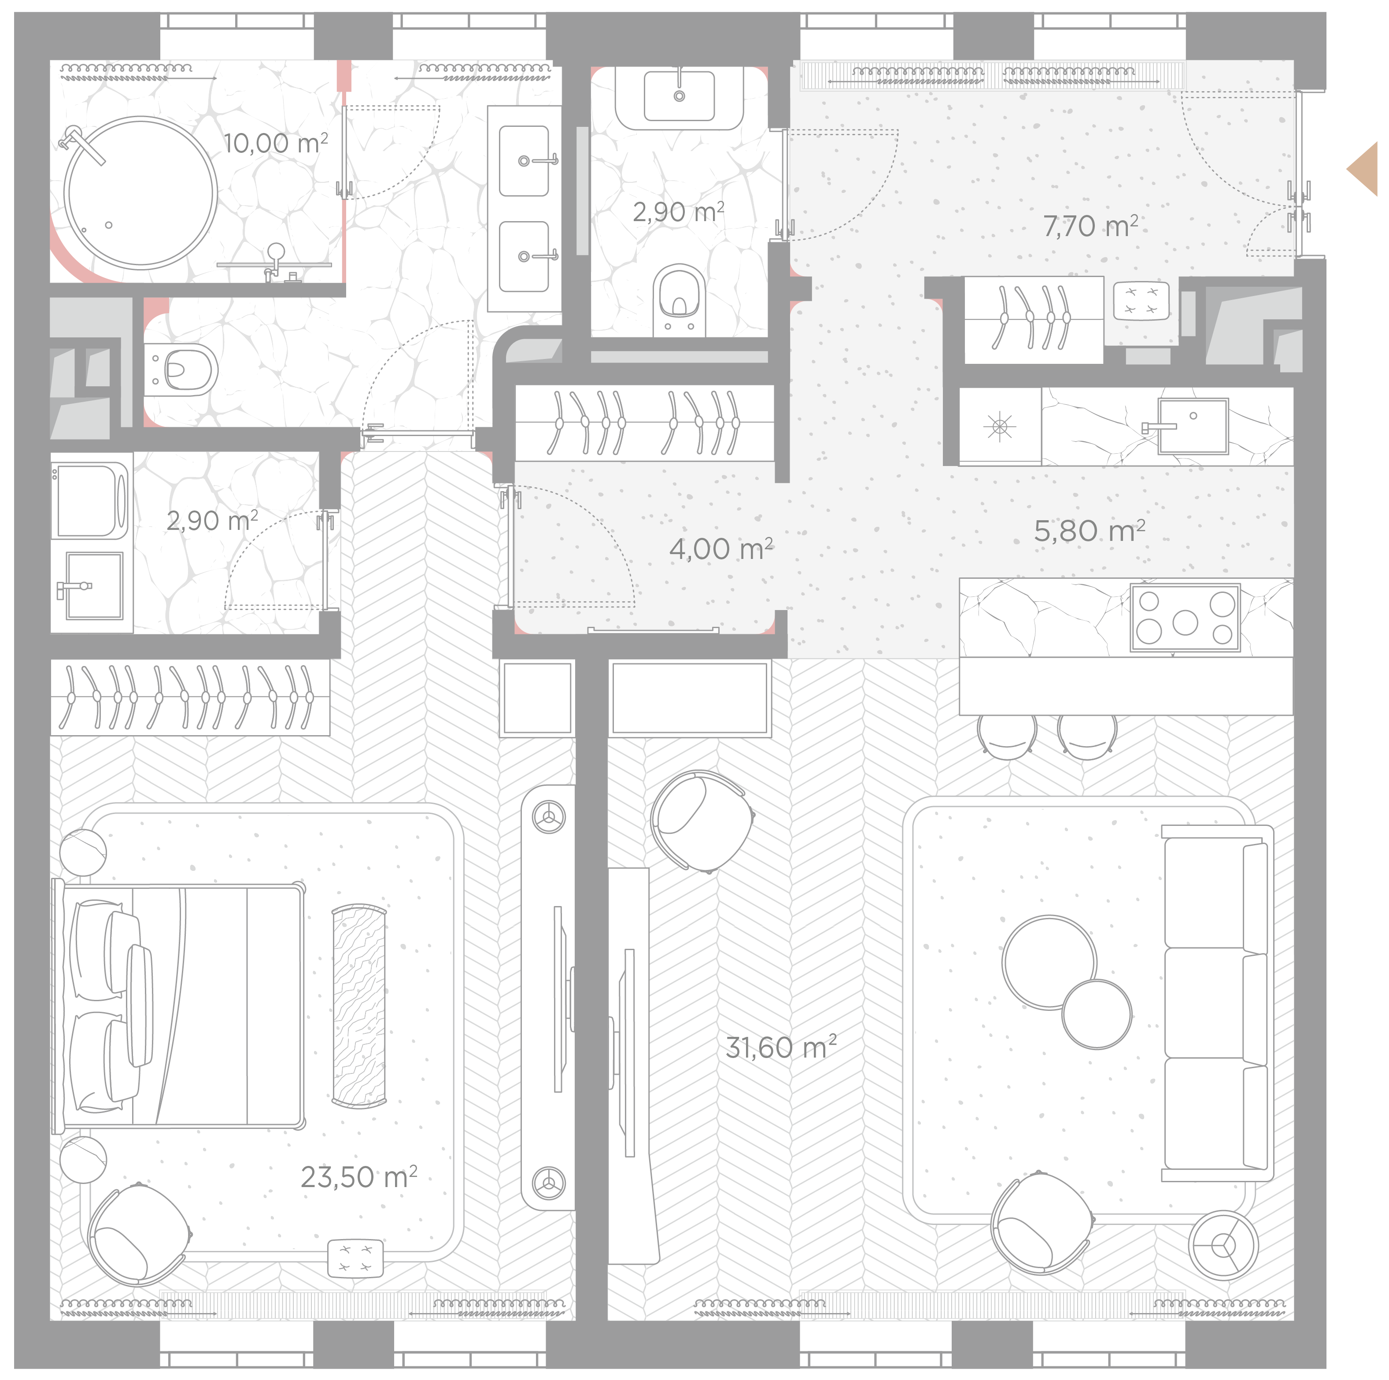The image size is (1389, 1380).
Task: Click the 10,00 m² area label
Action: point(275,143)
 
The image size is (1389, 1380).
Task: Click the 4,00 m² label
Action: point(721,549)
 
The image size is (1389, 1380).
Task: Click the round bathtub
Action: point(141,193)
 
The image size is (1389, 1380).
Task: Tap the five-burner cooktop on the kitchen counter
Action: point(1185,618)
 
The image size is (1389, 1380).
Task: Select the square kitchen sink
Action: point(1192,426)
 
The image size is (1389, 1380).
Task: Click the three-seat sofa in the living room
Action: point(1216,1003)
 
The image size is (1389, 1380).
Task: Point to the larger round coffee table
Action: point(1049,962)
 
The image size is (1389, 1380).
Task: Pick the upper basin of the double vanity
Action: point(525,160)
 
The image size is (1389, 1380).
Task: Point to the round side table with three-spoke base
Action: point(1223,1246)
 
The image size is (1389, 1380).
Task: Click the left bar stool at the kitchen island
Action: point(1007,736)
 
